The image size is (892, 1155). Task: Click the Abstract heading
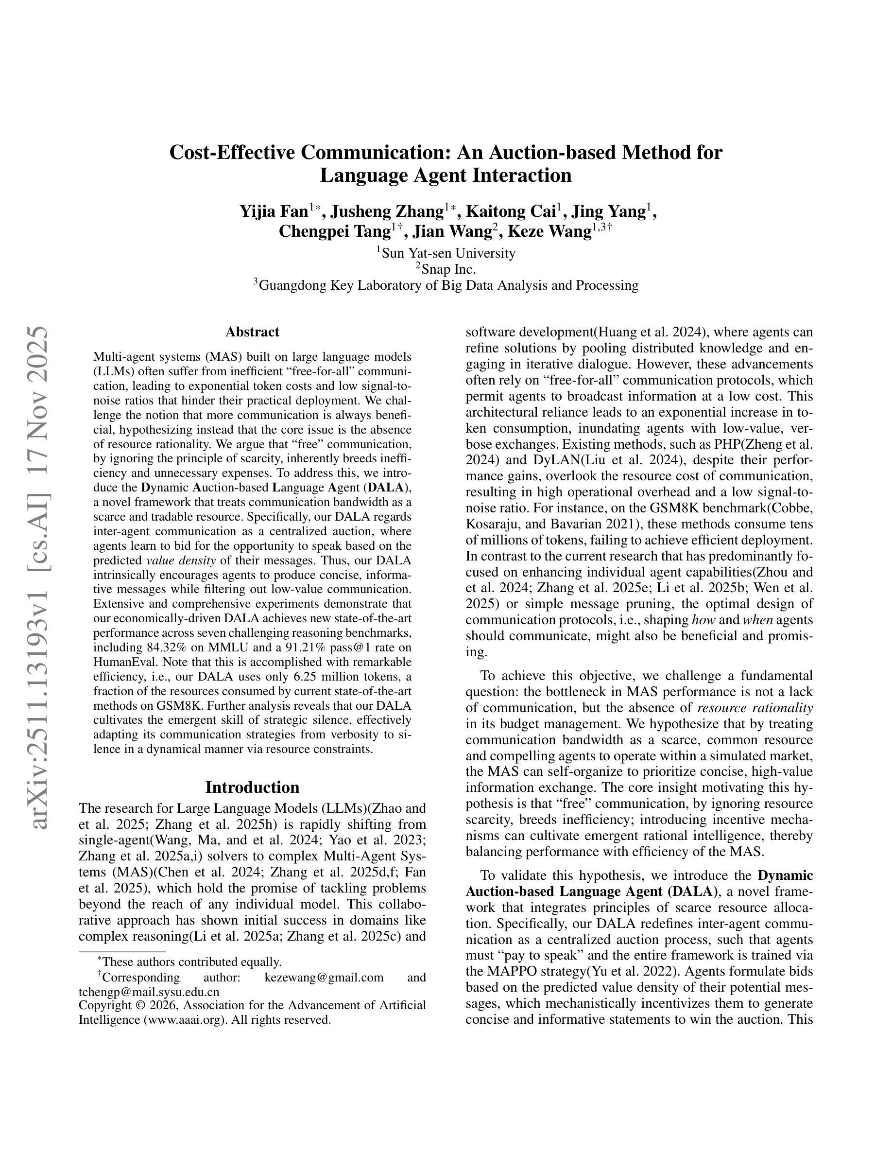[x=252, y=332]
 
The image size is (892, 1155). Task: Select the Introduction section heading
[x=252, y=787]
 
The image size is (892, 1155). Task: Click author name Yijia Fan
[x=274, y=211]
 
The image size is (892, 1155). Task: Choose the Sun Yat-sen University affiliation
[x=448, y=253]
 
